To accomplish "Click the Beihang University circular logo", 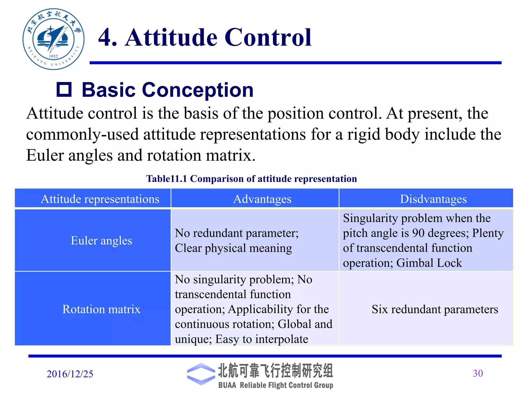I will (53, 39).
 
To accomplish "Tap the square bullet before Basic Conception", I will (64, 90).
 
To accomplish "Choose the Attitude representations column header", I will (100, 199).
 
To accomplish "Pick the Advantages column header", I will (262, 199).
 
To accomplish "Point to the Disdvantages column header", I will (433, 199).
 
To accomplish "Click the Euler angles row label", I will (101, 241).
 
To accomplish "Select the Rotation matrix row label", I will (101, 309).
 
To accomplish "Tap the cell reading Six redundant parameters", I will (435, 309).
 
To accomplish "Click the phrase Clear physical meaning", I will (233, 248).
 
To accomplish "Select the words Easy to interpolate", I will (262, 339).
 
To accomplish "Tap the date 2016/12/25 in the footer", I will (70, 374).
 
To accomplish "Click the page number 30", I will (478, 373).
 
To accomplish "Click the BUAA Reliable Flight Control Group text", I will (276, 385).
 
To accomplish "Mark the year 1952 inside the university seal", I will (53, 56).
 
